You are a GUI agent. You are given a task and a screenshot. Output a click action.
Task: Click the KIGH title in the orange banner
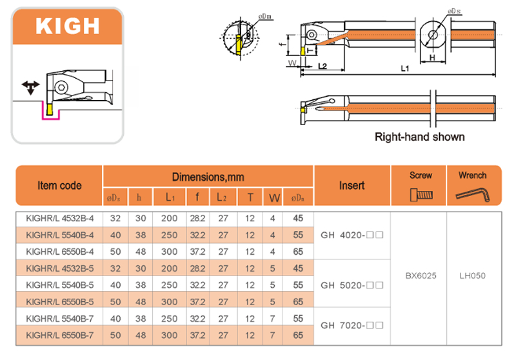[x=67, y=26]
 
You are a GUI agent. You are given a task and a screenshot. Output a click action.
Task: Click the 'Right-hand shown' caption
[x=419, y=137]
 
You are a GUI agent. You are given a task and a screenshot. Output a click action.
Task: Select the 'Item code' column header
[x=59, y=185]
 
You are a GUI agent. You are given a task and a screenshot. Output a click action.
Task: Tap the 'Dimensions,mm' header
[x=208, y=177]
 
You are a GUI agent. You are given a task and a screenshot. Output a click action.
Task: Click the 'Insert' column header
[x=352, y=185]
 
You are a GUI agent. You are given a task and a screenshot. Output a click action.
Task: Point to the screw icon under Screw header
[x=421, y=194]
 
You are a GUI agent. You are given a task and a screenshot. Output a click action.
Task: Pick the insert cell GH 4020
[x=352, y=235]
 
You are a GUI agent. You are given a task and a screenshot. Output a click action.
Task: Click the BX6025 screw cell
[x=421, y=276]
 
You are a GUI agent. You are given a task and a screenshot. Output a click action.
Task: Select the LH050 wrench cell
[x=472, y=276]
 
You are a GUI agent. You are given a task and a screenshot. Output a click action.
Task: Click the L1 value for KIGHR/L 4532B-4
[x=170, y=219]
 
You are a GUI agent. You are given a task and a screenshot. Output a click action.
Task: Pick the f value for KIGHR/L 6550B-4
[x=197, y=252]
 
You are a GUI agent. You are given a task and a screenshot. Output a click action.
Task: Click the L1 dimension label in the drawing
[x=404, y=68]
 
